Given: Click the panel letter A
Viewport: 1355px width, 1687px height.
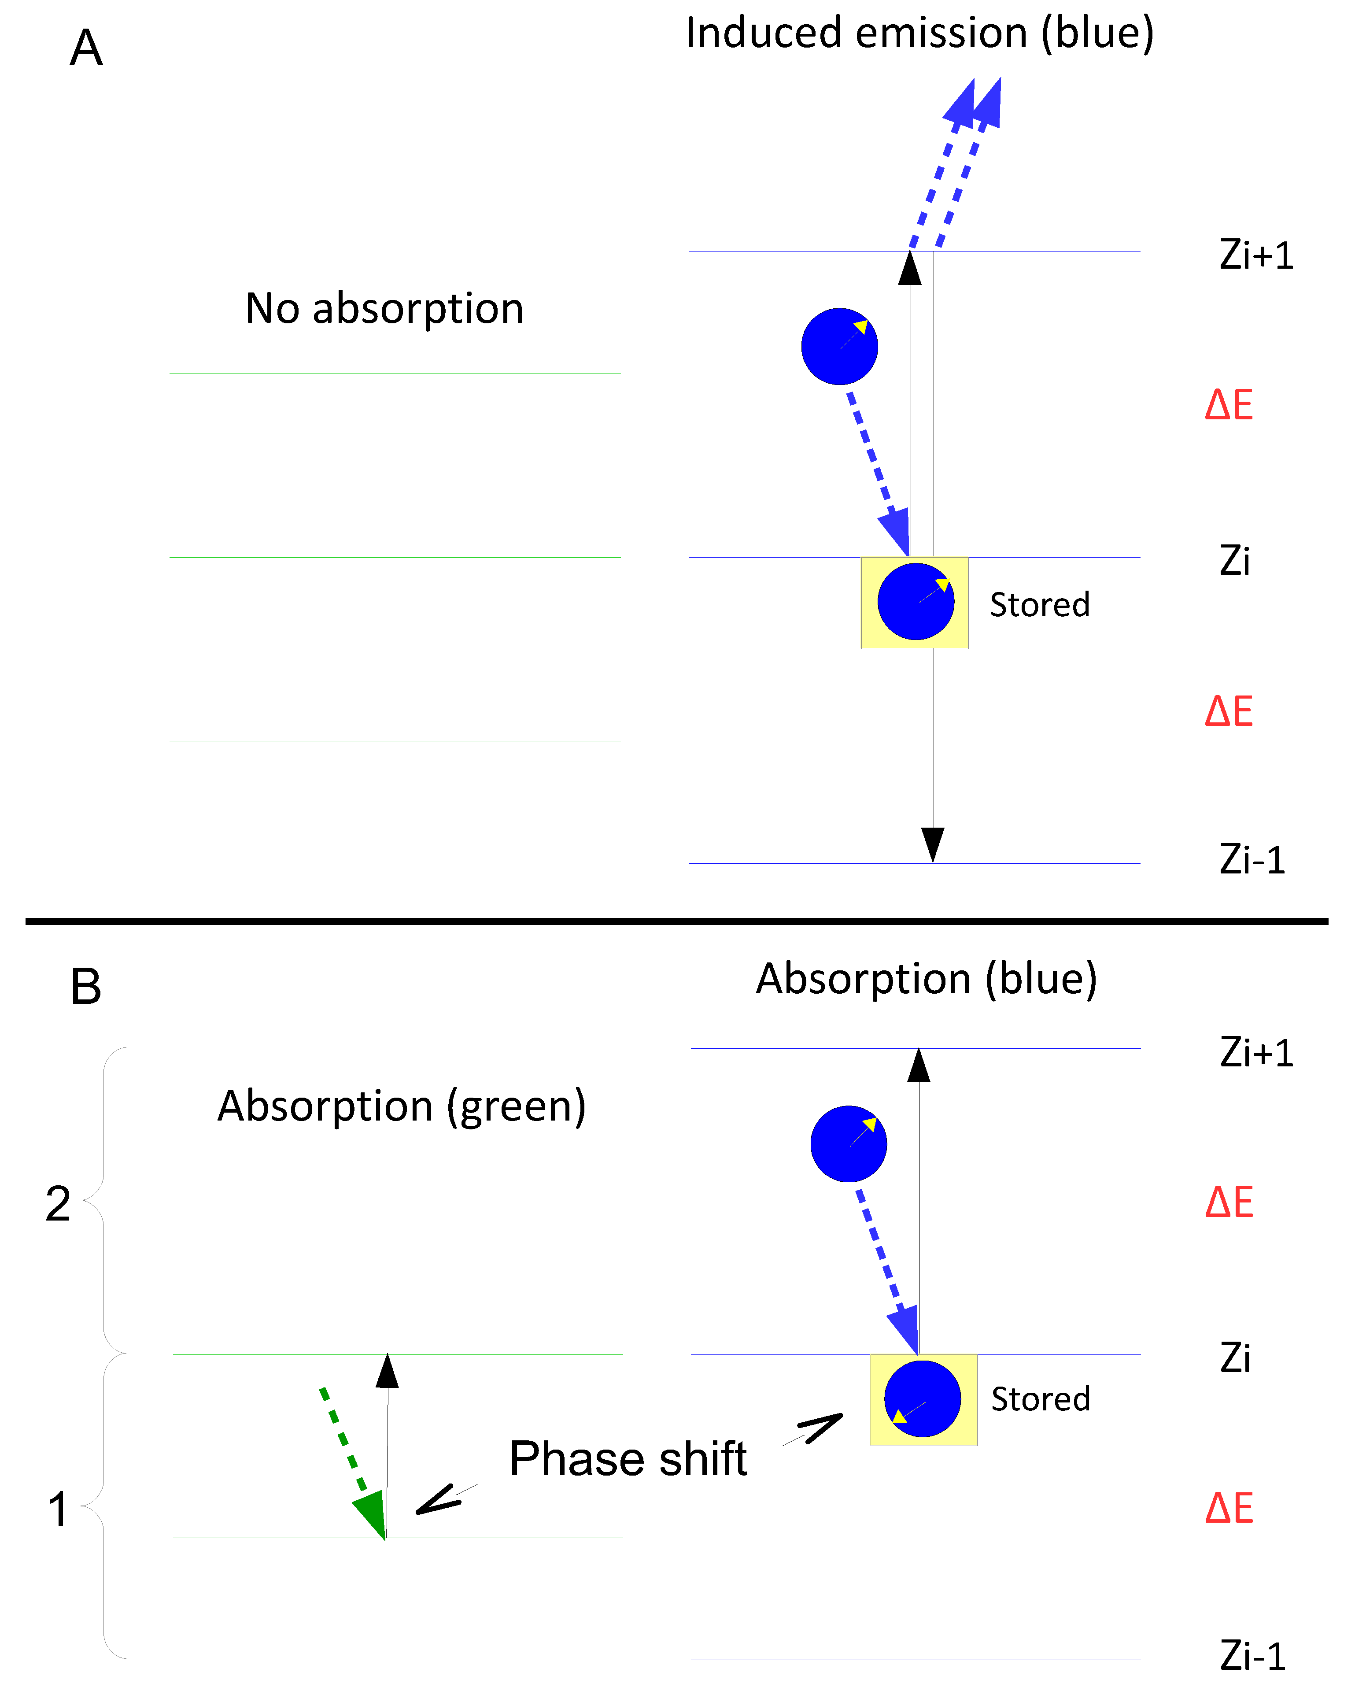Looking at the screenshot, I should click(x=86, y=48).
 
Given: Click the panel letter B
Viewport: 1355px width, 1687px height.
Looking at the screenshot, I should click(x=86, y=988).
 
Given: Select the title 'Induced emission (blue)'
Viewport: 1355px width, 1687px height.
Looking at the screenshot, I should click(x=919, y=33).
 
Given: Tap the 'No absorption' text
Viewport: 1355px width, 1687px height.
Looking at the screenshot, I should click(x=384, y=308).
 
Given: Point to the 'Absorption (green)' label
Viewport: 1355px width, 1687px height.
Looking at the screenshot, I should click(x=401, y=1106).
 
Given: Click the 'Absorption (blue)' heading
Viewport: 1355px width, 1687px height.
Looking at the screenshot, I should click(x=926, y=979).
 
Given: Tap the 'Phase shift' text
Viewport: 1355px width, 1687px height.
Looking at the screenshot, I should click(x=628, y=1459).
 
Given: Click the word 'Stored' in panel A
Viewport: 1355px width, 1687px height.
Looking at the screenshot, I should click(x=1040, y=605).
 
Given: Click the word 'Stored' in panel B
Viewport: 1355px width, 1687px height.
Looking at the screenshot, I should click(x=1041, y=1399).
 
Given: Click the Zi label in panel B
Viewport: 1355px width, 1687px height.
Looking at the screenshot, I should click(x=1235, y=1358).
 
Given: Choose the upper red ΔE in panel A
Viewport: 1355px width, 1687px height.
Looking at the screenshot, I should click(x=1229, y=405).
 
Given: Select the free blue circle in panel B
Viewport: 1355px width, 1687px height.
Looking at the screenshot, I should click(x=848, y=1144).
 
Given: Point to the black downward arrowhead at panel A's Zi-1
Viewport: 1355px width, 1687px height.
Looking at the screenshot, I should click(x=933, y=843).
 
